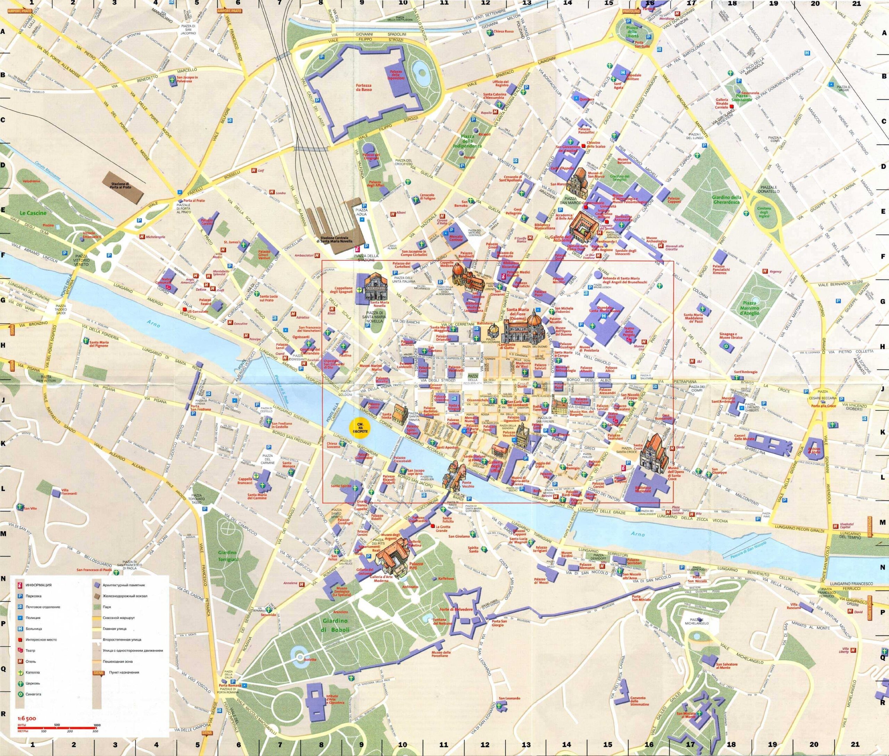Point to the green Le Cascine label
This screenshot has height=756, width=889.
pos(29,213)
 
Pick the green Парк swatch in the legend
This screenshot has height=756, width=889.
pos(97,607)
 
